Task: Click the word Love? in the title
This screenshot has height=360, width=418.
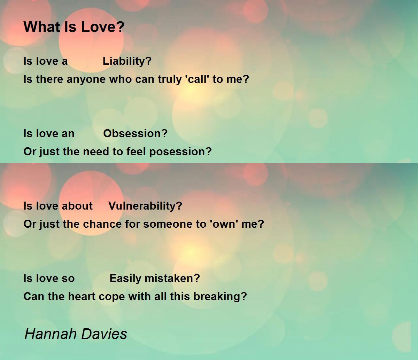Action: pyautogui.click(x=103, y=27)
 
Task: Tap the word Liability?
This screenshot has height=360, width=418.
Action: pyautogui.click(x=127, y=61)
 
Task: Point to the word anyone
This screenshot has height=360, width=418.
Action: pyautogui.click(x=86, y=79)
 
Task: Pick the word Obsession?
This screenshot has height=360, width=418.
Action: pyautogui.click(x=135, y=133)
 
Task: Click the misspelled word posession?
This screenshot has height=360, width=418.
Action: pyautogui.click(x=180, y=152)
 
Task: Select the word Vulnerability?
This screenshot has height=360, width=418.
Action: pyautogui.click(x=145, y=206)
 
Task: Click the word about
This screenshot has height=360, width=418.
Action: pyautogui.click(x=77, y=206)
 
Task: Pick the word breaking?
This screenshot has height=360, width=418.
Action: pyautogui.click(x=220, y=297)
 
